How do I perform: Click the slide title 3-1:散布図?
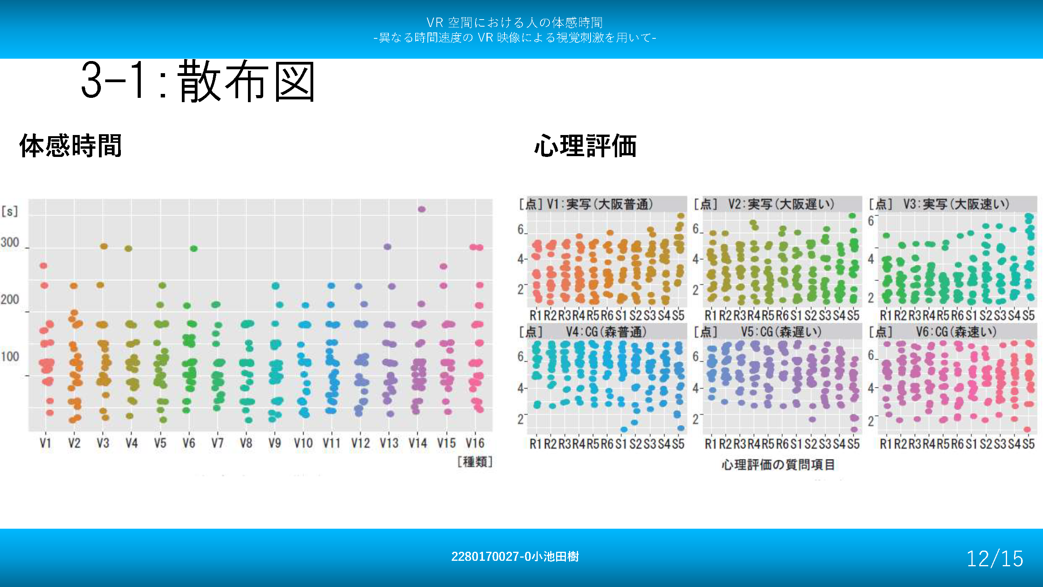pyautogui.click(x=197, y=81)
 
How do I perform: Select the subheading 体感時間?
pyautogui.click(x=70, y=146)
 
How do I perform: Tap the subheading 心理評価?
pyautogui.click(x=585, y=146)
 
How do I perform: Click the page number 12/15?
pyautogui.click(x=995, y=559)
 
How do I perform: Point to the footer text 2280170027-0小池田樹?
pyautogui.click(x=515, y=556)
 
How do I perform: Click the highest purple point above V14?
pyautogui.click(x=422, y=209)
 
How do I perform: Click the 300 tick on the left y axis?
pyautogui.click(x=10, y=243)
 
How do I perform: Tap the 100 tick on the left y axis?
pyautogui.click(x=10, y=357)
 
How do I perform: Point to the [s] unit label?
pyautogui.click(x=10, y=211)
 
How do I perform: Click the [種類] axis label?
pyautogui.click(x=474, y=461)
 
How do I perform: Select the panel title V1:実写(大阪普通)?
pyautogui.click(x=600, y=204)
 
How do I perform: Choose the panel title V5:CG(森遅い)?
pyautogui.click(x=781, y=332)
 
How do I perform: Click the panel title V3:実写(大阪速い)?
pyautogui.click(x=956, y=204)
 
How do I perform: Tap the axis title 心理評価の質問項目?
pyautogui.click(x=778, y=465)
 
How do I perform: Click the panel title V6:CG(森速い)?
pyautogui.click(x=956, y=332)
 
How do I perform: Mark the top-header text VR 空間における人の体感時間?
pyautogui.click(x=515, y=22)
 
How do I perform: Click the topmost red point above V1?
pyautogui.click(x=43, y=266)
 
